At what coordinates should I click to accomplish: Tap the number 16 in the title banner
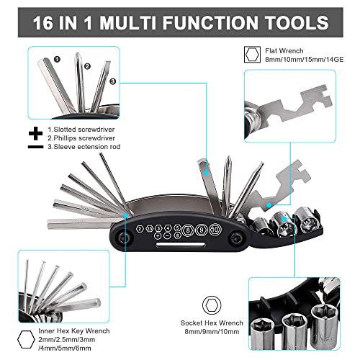[x=43, y=22]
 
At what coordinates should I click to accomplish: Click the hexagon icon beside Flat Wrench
[x=252, y=55]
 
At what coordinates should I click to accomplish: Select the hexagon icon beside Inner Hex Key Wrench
[x=26, y=339]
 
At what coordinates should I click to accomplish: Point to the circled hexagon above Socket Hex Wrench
[x=212, y=305]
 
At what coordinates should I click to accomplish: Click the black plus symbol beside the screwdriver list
[x=35, y=133]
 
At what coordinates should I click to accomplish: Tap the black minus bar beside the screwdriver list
[x=35, y=147]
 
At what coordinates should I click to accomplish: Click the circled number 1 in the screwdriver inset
[x=57, y=59]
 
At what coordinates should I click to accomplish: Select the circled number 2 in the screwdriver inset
[x=87, y=66]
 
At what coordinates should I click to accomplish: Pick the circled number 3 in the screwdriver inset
[x=113, y=81]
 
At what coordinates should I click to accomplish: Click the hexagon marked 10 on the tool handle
[x=215, y=230]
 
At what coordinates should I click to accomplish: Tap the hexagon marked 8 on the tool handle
[x=188, y=230]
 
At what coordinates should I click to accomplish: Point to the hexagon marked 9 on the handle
[x=202, y=230]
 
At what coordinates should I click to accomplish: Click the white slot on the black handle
[x=181, y=245]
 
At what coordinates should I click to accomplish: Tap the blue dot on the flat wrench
[x=269, y=204]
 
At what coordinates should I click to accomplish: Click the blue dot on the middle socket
[x=284, y=219]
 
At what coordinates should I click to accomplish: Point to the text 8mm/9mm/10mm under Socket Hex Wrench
[x=212, y=332]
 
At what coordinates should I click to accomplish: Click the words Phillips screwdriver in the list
[x=81, y=138]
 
